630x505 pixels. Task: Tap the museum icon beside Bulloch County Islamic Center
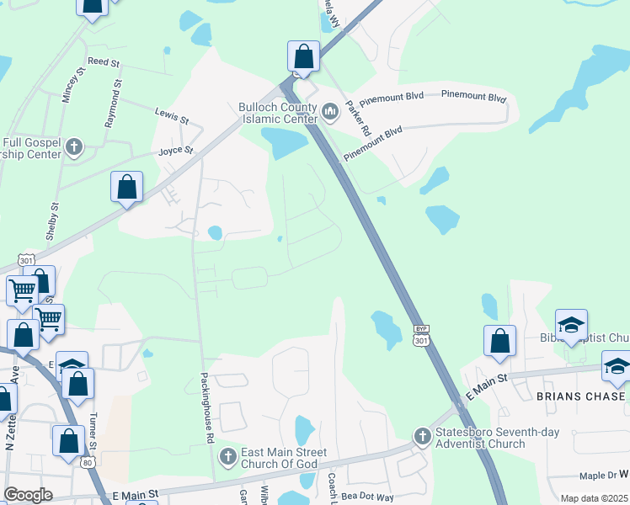(330, 109)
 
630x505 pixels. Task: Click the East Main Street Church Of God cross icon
(227, 457)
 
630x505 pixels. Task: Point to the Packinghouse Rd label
(206, 408)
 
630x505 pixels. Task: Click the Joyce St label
(176, 151)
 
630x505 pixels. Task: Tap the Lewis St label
(170, 111)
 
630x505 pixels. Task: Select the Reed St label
(104, 62)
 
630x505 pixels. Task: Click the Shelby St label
(56, 219)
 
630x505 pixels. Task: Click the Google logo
(28, 495)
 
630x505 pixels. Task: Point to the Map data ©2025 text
(593, 498)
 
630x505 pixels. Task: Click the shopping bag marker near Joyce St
(126, 188)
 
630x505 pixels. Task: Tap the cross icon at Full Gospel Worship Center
(75, 148)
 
